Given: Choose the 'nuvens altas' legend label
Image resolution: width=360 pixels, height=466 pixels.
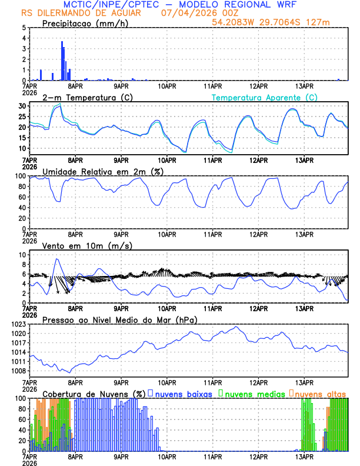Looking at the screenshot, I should coord(320,393).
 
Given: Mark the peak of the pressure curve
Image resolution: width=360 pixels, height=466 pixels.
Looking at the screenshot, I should coord(236,327).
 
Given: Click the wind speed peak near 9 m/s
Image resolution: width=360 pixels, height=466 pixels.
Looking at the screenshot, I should coord(56,259).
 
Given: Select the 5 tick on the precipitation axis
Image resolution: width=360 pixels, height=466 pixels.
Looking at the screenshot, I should coord(24,28).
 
